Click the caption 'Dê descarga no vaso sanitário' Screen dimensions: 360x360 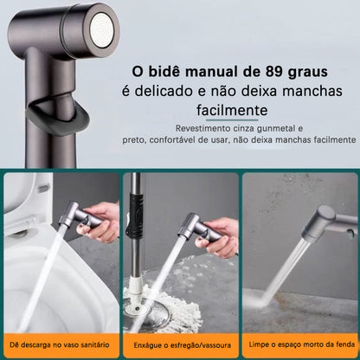coord(60,345)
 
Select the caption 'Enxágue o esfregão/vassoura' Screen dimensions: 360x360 coord(180,345)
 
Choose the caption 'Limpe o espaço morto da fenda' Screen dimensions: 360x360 coord(299,345)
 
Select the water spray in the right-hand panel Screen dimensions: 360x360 coord(286,260)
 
